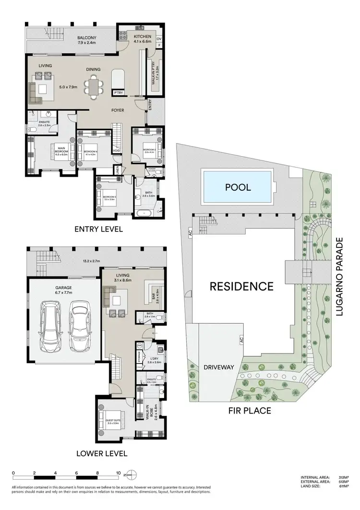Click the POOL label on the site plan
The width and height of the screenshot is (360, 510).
238,187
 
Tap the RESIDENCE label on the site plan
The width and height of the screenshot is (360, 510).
241,287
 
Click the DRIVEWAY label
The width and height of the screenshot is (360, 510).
218,367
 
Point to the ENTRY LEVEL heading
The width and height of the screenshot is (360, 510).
98,229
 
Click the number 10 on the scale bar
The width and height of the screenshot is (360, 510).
118,473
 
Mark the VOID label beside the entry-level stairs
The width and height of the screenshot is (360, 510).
116,150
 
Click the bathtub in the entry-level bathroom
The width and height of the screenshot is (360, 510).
145,212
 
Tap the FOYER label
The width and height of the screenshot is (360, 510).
118,110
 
